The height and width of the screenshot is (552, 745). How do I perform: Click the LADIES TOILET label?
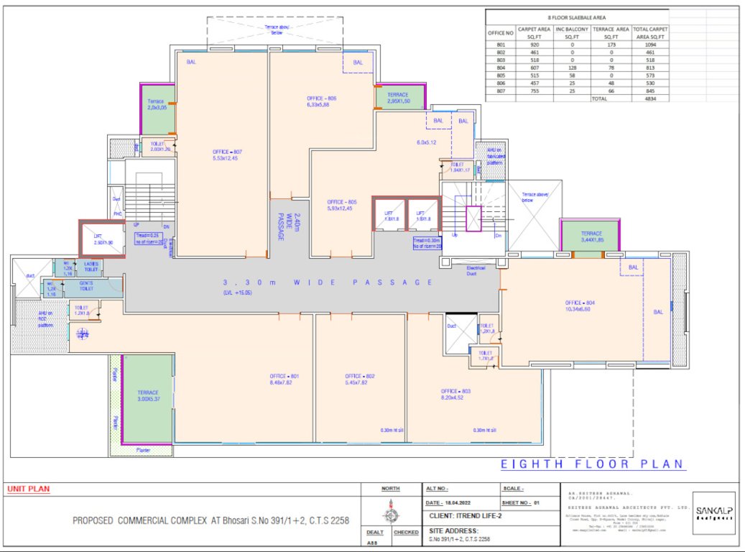[x=91, y=267]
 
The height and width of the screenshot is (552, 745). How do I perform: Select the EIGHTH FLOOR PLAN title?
[x=593, y=464]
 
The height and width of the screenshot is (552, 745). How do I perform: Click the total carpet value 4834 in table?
[x=649, y=99]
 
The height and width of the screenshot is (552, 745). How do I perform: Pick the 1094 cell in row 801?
[x=649, y=45]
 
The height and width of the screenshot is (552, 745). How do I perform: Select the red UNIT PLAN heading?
[x=29, y=489]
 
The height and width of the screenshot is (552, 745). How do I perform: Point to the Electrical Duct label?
[x=476, y=270]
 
